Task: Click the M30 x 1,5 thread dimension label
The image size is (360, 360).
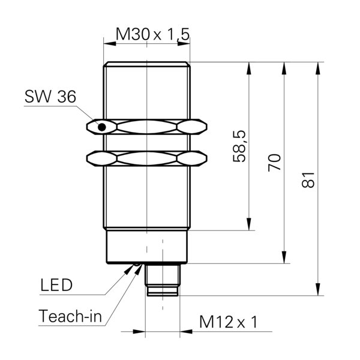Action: [152, 35]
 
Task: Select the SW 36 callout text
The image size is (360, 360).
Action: [50, 97]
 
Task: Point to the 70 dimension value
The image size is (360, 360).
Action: [274, 163]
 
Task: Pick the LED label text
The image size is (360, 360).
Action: [56, 285]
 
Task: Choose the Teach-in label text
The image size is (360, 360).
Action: [71, 316]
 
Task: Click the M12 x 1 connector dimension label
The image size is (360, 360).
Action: [227, 323]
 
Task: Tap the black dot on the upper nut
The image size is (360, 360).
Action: [102, 127]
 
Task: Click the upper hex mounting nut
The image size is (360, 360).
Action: [147, 127]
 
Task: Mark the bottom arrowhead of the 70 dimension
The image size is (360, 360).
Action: [283, 259]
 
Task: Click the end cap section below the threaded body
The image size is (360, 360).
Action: [147, 247]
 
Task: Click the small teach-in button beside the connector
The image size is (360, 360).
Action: [137, 264]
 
